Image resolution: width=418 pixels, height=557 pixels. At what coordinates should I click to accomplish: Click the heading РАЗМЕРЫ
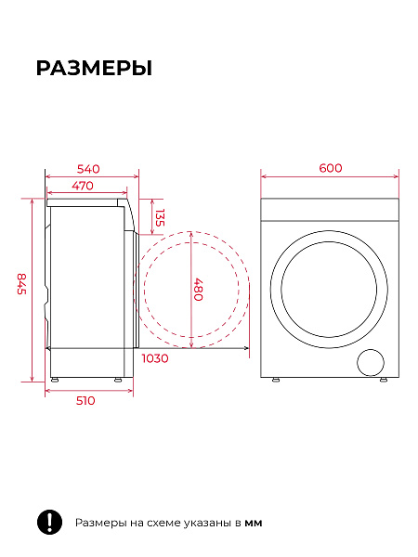(94, 68)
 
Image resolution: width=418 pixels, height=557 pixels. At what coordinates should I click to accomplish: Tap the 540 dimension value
(88, 169)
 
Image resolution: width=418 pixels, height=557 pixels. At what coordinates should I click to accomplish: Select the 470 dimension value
(83, 186)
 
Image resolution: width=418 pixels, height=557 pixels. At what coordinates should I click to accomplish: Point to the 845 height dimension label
(22, 283)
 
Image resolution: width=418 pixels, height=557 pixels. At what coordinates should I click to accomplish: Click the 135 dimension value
(160, 217)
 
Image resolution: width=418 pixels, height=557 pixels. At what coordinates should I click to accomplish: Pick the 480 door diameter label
(198, 290)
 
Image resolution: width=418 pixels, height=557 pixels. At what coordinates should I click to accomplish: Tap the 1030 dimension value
(155, 358)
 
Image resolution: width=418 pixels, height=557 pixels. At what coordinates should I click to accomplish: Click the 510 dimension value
(85, 400)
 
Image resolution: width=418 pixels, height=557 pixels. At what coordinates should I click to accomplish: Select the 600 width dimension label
(331, 168)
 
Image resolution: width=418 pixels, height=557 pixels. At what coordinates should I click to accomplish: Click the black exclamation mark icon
(50, 522)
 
